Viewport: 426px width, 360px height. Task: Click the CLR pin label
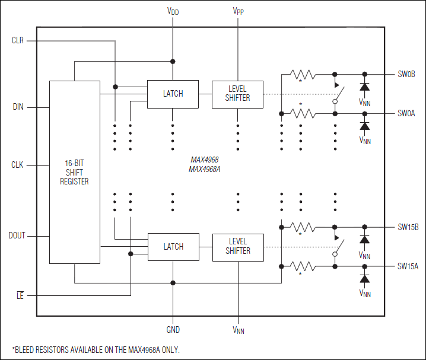(x=18, y=41)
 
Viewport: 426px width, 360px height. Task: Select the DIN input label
(x=18, y=107)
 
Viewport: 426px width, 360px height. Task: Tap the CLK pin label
(x=18, y=165)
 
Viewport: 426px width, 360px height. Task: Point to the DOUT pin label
(x=17, y=235)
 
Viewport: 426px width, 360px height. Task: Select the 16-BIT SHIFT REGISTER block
(x=74, y=172)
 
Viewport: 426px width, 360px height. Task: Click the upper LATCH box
(x=173, y=94)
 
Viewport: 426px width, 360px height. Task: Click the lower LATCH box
(x=173, y=247)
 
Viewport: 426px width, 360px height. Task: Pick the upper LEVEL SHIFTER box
(x=237, y=94)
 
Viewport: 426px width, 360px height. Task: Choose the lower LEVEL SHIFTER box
(x=238, y=247)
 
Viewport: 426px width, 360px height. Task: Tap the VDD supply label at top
(x=173, y=11)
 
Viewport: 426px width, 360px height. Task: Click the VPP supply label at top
(x=237, y=11)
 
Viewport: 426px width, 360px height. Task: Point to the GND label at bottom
(x=173, y=330)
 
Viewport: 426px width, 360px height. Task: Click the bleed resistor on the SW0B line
(x=303, y=75)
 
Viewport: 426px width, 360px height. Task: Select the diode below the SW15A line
(x=364, y=278)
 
